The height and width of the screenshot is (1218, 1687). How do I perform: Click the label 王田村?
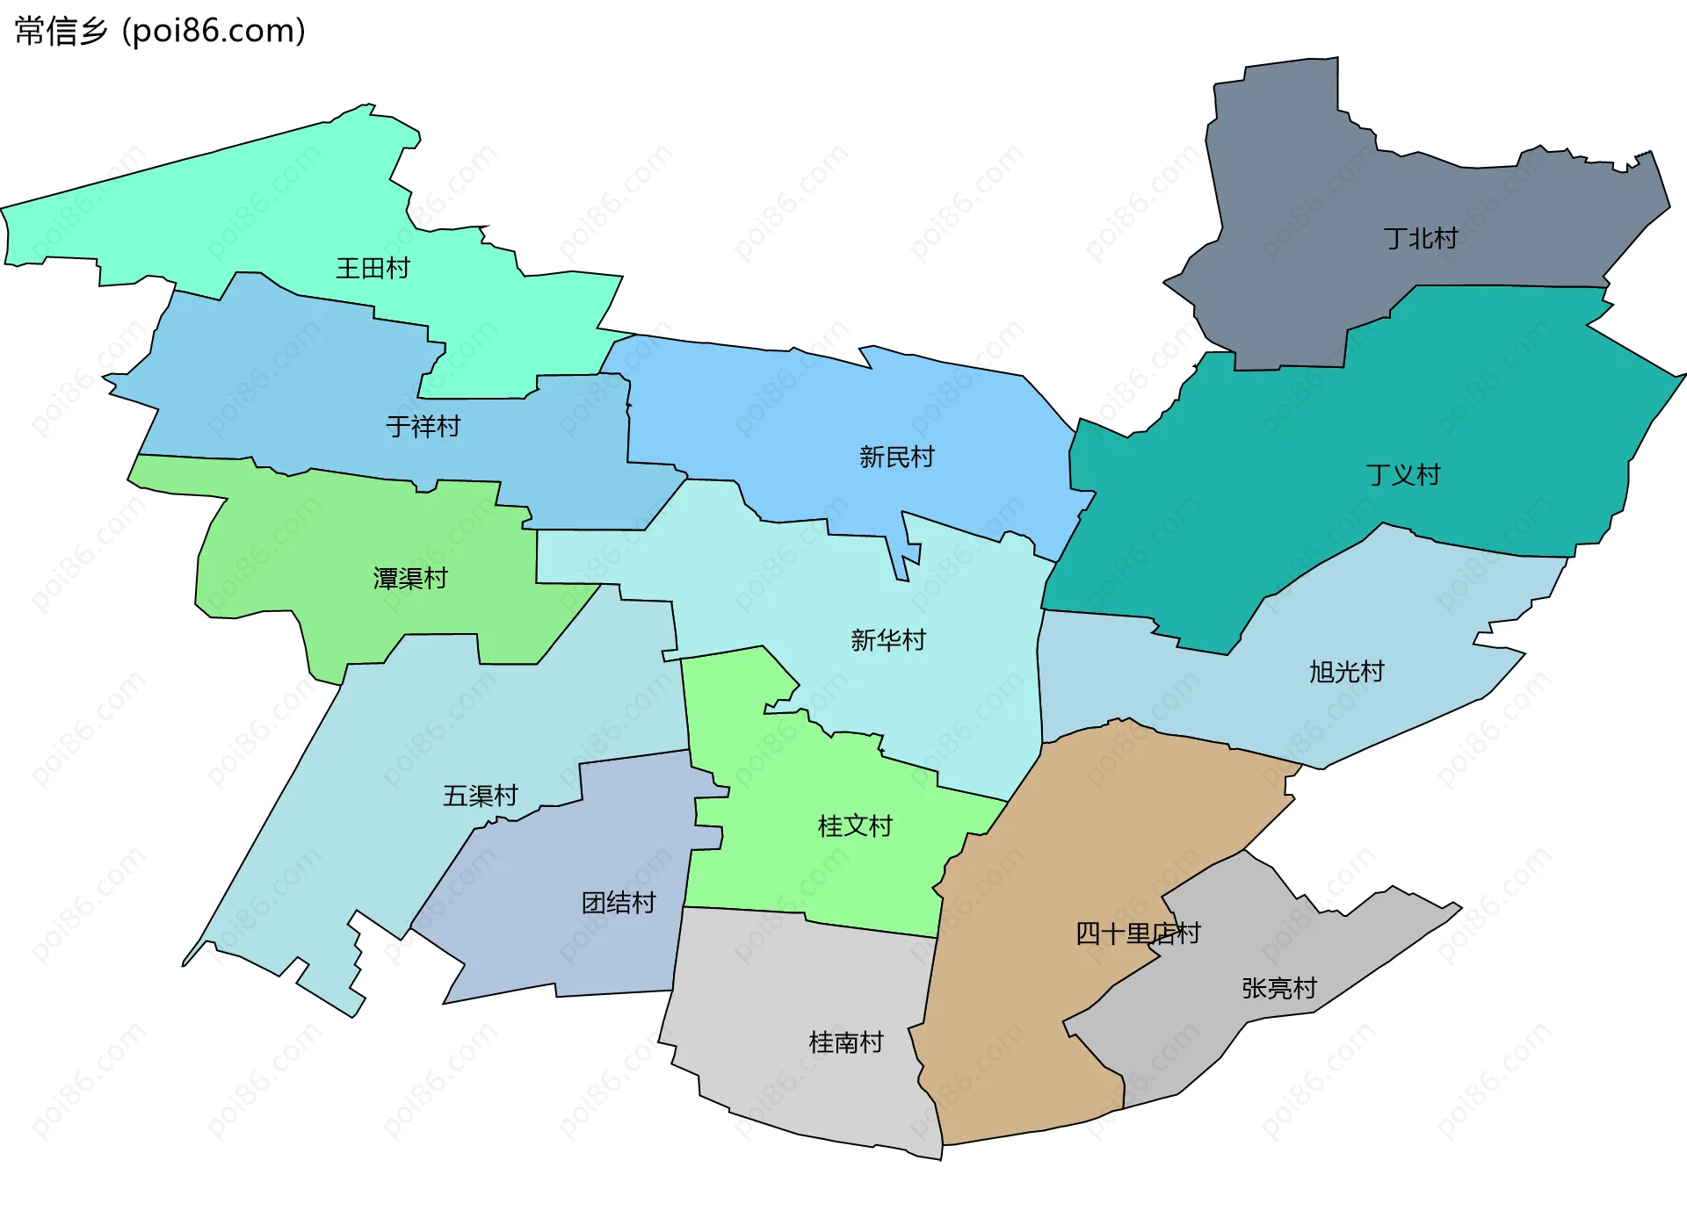point(373,268)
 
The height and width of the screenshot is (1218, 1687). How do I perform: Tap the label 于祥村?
point(424,427)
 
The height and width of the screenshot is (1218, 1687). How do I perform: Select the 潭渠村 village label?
point(410,579)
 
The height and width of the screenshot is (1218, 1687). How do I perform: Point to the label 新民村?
point(896,458)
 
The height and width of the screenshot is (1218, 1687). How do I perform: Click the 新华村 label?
point(887,640)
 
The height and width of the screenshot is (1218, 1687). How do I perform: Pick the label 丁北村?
point(1420,239)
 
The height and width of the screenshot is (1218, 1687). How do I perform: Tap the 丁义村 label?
point(1403,476)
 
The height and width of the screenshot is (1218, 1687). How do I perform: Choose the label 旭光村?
point(1346,673)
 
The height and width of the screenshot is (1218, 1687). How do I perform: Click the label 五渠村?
point(480,796)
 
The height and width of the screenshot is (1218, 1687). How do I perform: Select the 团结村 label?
point(619,903)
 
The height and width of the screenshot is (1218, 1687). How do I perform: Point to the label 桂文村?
point(854,826)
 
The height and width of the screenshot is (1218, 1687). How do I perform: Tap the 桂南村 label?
point(845,1043)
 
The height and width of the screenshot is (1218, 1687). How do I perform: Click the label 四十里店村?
point(1137,933)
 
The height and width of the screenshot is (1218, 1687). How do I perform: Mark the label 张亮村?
point(1278,989)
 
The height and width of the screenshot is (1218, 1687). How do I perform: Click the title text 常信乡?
point(61,32)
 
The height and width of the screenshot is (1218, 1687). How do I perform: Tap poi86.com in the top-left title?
point(214,32)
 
